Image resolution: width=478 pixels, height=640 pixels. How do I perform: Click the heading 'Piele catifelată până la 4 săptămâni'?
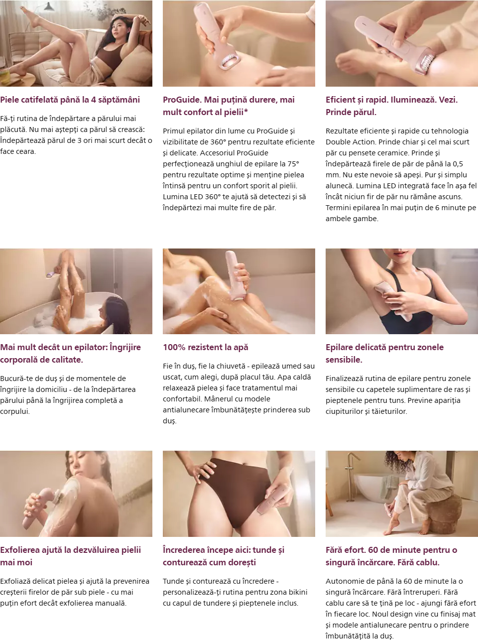click(x=70, y=100)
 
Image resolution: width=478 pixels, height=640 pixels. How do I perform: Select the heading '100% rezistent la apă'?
click(x=206, y=347)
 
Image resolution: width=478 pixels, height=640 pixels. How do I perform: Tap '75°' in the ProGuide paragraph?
click(x=293, y=164)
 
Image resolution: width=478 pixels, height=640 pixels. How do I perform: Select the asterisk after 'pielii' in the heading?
click(x=246, y=111)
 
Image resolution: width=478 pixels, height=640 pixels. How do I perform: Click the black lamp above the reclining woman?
click(x=49, y=6)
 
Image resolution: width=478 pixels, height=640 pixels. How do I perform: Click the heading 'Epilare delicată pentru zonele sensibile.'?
click(x=384, y=354)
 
